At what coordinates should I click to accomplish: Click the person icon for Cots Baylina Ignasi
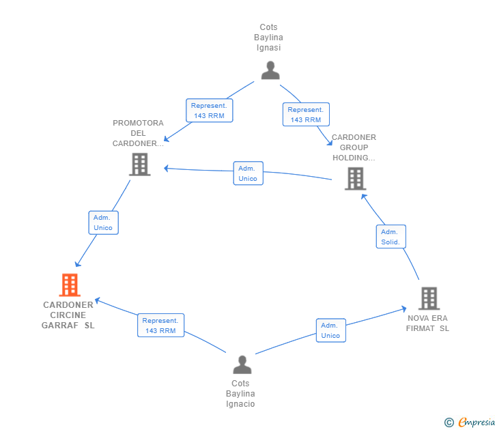(270, 70)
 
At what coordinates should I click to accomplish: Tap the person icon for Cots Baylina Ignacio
(242, 364)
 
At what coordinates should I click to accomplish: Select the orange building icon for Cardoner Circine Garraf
(70, 285)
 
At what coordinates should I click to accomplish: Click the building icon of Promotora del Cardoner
(139, 164)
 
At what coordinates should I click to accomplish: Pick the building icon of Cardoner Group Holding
(355, 178)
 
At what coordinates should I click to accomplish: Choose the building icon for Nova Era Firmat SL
(429, 298)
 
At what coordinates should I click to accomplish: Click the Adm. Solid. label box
(391, 237)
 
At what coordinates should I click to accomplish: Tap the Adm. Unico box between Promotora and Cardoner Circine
(103, 223)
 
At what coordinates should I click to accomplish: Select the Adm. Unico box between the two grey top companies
(248, 173)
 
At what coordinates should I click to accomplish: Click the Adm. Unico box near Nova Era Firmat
(330, 330)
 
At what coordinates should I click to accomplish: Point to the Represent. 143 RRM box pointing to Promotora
(210, 111)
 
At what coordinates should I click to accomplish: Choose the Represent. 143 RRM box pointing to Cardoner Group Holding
(306, 115)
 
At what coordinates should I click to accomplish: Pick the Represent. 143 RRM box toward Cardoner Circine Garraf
(160, 326)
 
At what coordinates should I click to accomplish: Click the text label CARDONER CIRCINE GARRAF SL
(68, 315)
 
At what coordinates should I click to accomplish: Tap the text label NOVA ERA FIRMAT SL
(428, 323)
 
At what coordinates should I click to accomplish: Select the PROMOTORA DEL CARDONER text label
(138, 133)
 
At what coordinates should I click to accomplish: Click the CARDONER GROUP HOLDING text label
(354, 147)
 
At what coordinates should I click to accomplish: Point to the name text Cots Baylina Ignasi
(269, 38)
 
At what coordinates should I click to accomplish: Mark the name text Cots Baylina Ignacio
(241, 394)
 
